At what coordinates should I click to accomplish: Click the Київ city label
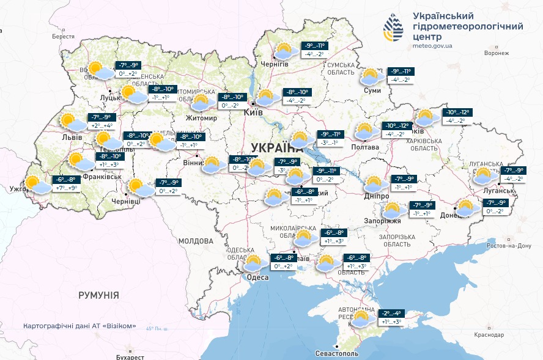coord(253,113)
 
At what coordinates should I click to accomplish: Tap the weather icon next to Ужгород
coord(37,184)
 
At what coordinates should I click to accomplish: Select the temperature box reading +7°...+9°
coord(67,189)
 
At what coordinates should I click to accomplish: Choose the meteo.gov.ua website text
coord(432,45)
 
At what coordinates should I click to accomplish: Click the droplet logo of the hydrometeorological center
coord(393,27)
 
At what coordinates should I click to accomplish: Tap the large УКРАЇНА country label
coord(277,147)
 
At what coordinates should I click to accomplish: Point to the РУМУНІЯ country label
coord(98,295)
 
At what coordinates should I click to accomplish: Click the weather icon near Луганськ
coord(485,175)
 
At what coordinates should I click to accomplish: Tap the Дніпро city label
coord(376,195)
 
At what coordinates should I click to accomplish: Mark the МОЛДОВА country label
coord(195,241)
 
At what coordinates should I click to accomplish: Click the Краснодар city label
coord(489,336)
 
